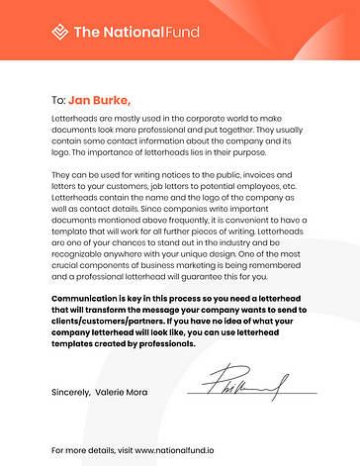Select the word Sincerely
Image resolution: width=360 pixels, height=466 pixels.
71,393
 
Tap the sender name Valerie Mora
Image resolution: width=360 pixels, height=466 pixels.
123,393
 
